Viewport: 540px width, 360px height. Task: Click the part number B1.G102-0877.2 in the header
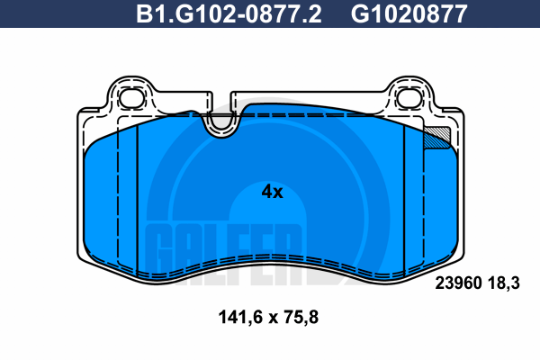229,14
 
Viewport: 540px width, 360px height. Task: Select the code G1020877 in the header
409,14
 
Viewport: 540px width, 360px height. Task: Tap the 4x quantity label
272,192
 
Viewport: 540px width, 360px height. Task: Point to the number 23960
458,283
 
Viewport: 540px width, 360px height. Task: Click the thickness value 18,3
503,283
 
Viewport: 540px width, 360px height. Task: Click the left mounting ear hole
132,98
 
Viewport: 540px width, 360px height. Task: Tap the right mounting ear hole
409,98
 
